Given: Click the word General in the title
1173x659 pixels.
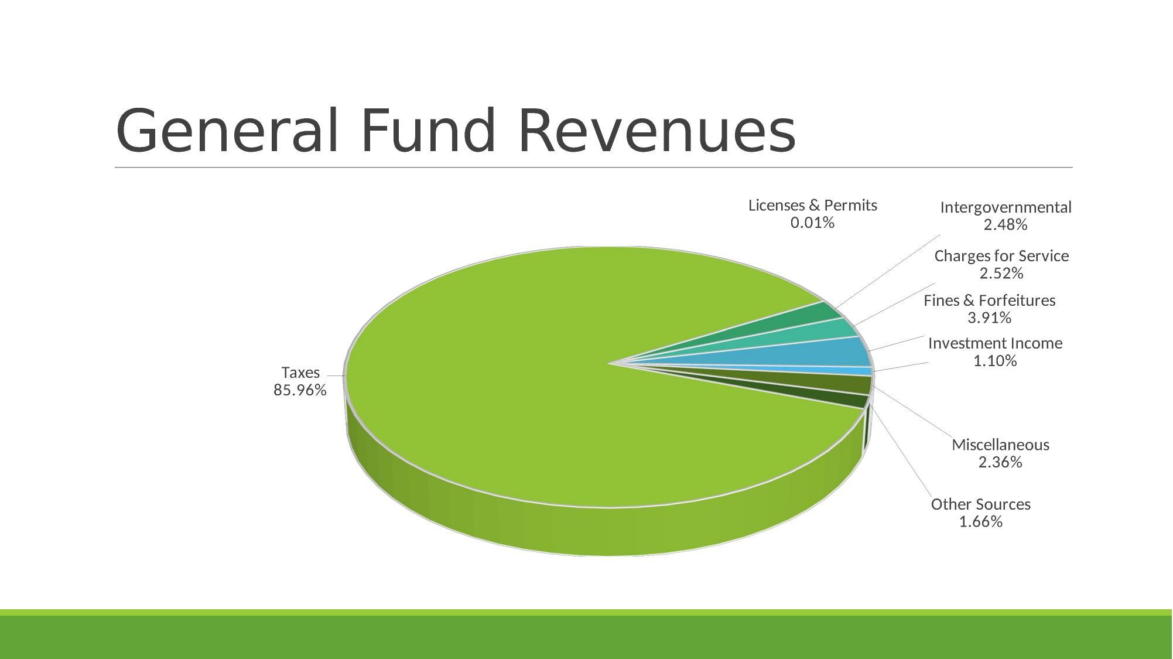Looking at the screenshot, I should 227,131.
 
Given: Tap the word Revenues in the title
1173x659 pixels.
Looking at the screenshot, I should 656,131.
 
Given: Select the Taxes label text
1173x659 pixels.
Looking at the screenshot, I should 300,373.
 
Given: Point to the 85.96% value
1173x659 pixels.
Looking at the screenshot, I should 300,390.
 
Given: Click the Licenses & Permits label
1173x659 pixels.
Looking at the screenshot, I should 812,206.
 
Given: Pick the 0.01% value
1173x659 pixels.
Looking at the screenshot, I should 812,223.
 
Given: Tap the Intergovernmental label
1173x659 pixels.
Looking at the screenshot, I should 1006,207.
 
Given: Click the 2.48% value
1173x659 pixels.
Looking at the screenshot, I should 1006,225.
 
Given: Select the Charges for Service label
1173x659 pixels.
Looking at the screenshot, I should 1001,256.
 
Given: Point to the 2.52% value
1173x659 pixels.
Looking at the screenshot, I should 1001,274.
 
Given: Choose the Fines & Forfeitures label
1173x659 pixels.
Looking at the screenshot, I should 989,301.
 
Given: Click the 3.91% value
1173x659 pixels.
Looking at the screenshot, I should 989,318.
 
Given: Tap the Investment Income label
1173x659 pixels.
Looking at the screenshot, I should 995,343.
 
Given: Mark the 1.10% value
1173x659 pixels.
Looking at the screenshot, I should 995,361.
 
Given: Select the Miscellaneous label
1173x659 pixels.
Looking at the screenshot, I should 1000,445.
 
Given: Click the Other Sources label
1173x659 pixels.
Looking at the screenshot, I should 980,504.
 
